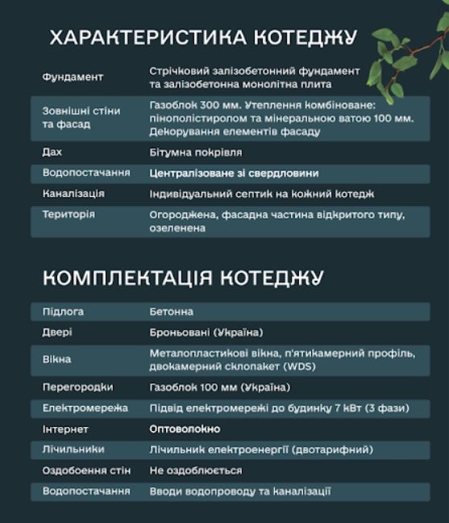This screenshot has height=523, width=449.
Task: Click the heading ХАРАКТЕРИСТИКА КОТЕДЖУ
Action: pyautogui.click(x=202, y=38)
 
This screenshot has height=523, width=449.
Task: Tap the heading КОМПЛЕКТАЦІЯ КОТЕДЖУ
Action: pyautogui.click(x=183, y=278)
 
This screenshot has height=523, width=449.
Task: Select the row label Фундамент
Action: pyautogui.click(x=73, y=77)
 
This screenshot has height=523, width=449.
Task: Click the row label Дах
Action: pyautogui.click(x=52, y=152)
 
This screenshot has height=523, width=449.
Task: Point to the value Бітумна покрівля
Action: pyautogui.click(x=196, y=152)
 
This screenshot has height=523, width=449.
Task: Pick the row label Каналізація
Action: pyautogui.click(x=73, y=194)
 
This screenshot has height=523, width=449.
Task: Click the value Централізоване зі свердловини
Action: pyautogui.click(x=234, y=173)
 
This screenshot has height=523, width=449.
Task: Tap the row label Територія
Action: pyautogui.click(x=69, y=215)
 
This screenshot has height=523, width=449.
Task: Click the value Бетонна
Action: pyautogui.click(x=171, y=312)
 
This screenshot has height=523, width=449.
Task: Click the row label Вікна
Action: pyautogui.click(x=56, y=359)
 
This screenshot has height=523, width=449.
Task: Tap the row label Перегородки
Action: pyautogui.click(x=77, y=387)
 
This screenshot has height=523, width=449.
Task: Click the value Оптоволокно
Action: pyautogui.click(x=185, y=429)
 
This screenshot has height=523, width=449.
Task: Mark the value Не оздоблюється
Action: pyautogui.click(x=196, y=470)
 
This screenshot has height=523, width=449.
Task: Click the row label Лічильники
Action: pyautogui.click(x=73, y=449)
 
